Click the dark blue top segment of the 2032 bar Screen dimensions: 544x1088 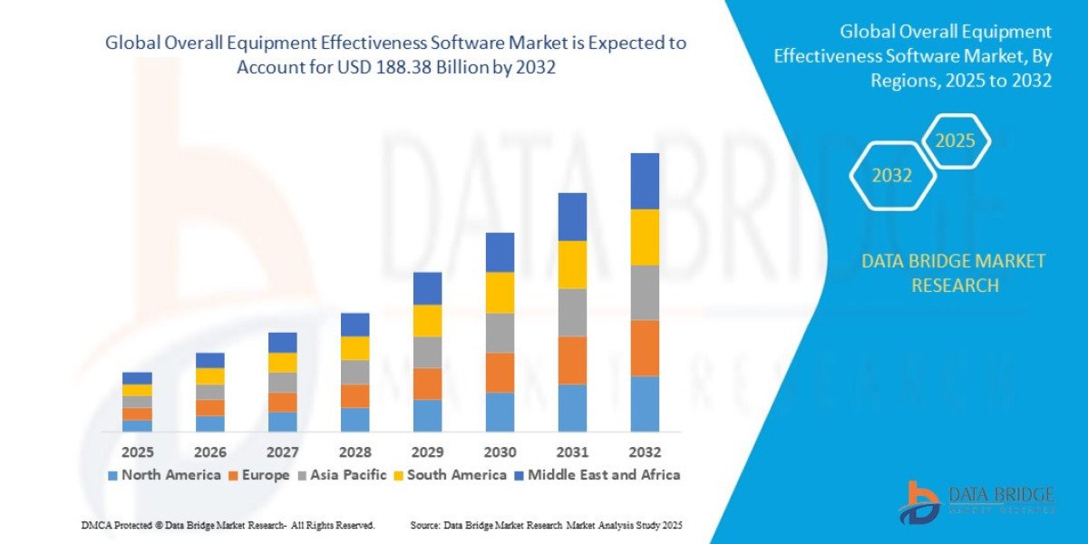[645, 181]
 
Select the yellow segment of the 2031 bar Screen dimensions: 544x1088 [572, 265]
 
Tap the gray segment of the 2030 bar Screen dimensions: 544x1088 [500, 333]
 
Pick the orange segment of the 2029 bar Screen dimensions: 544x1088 [427, 384]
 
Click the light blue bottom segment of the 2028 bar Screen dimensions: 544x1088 [355, 419]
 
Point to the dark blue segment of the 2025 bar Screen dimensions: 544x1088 [137, 378]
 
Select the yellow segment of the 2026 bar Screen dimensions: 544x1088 [209, 376]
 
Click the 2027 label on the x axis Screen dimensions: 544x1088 [282, 452]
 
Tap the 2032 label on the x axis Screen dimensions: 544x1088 [645, 452]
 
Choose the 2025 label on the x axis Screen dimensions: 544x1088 [137, 452]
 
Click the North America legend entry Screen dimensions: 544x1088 [164, 475]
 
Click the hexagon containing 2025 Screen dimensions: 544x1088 [955, 141]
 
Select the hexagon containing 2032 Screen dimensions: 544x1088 [892, 176]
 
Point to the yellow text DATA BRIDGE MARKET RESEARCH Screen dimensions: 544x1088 [953, 273]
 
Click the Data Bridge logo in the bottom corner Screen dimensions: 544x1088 [976, 501]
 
